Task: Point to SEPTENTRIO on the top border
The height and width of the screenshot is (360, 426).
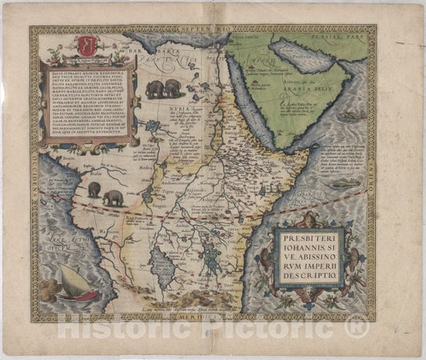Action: click(213, 30)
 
